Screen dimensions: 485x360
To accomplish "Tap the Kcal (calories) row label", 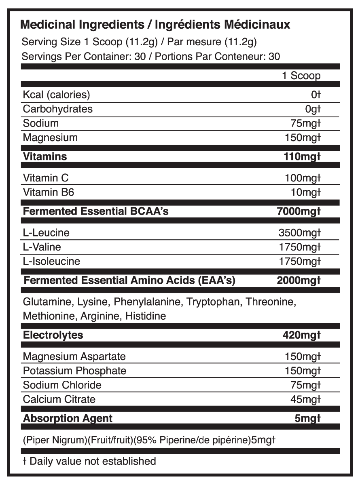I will (56, 95).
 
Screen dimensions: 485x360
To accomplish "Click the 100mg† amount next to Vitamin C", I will (302, 178).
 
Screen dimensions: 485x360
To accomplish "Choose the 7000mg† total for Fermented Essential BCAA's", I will (298, 211).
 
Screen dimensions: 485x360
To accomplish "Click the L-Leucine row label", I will (46, 233).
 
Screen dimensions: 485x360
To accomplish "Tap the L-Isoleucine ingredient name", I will (51, 261).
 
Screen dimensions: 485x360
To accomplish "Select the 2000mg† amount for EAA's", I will (299, 280).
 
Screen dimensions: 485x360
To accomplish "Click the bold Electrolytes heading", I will (53, 335).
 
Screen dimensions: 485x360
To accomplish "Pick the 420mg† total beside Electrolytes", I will (302, 335).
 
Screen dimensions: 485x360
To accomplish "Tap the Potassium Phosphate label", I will (74, 371).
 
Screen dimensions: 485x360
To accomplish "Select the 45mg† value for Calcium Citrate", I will (305, 399).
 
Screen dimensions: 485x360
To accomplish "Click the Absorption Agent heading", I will (68, 418).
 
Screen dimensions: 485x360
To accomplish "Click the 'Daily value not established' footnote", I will (93, 461).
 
